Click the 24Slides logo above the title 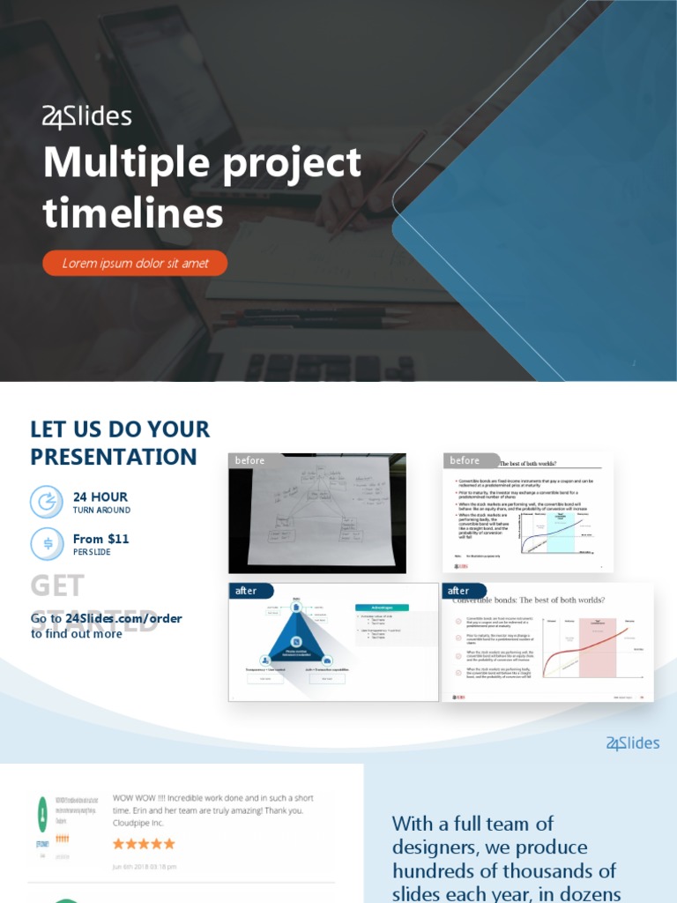coord(87,116)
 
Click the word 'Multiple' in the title coord(115,163)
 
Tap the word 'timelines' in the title coord(133,213)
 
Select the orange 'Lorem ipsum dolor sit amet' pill coord(135,263)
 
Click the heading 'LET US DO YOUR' coord(120,429)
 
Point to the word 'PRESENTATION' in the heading coord(114,457)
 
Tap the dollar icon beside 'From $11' coord(47,543)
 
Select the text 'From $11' coord(100,539)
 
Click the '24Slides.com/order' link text coord(123,618)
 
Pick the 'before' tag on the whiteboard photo coord(249,460)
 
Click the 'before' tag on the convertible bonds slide coord(465,460)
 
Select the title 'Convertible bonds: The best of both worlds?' coord(529,601)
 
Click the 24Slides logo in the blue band coord(633,743)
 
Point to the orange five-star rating coord(144,843)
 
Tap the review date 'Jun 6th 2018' coord(144,866)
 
